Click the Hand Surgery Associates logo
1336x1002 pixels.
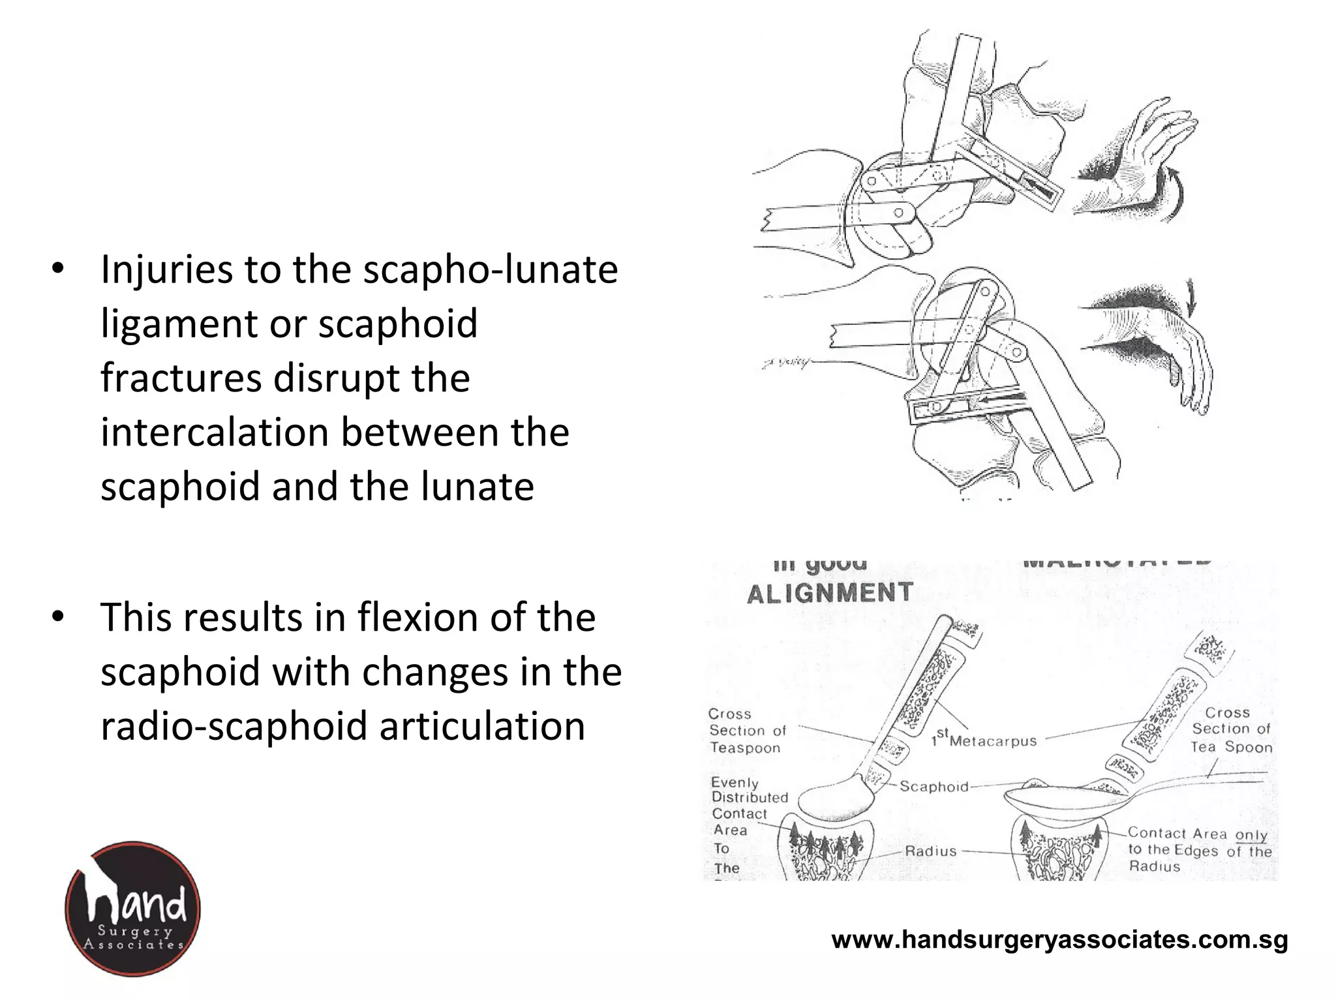[133, 908]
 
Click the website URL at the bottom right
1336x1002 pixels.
[1059, 940]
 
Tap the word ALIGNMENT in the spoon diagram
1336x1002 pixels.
[830, 593]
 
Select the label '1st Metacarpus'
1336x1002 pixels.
[984, 740]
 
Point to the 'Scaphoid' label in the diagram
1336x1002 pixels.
[934, 787]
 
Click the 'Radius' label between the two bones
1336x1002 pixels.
[931, 851]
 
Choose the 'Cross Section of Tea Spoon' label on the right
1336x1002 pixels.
[1232, 729]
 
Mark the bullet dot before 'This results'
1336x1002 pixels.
[58, 617]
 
